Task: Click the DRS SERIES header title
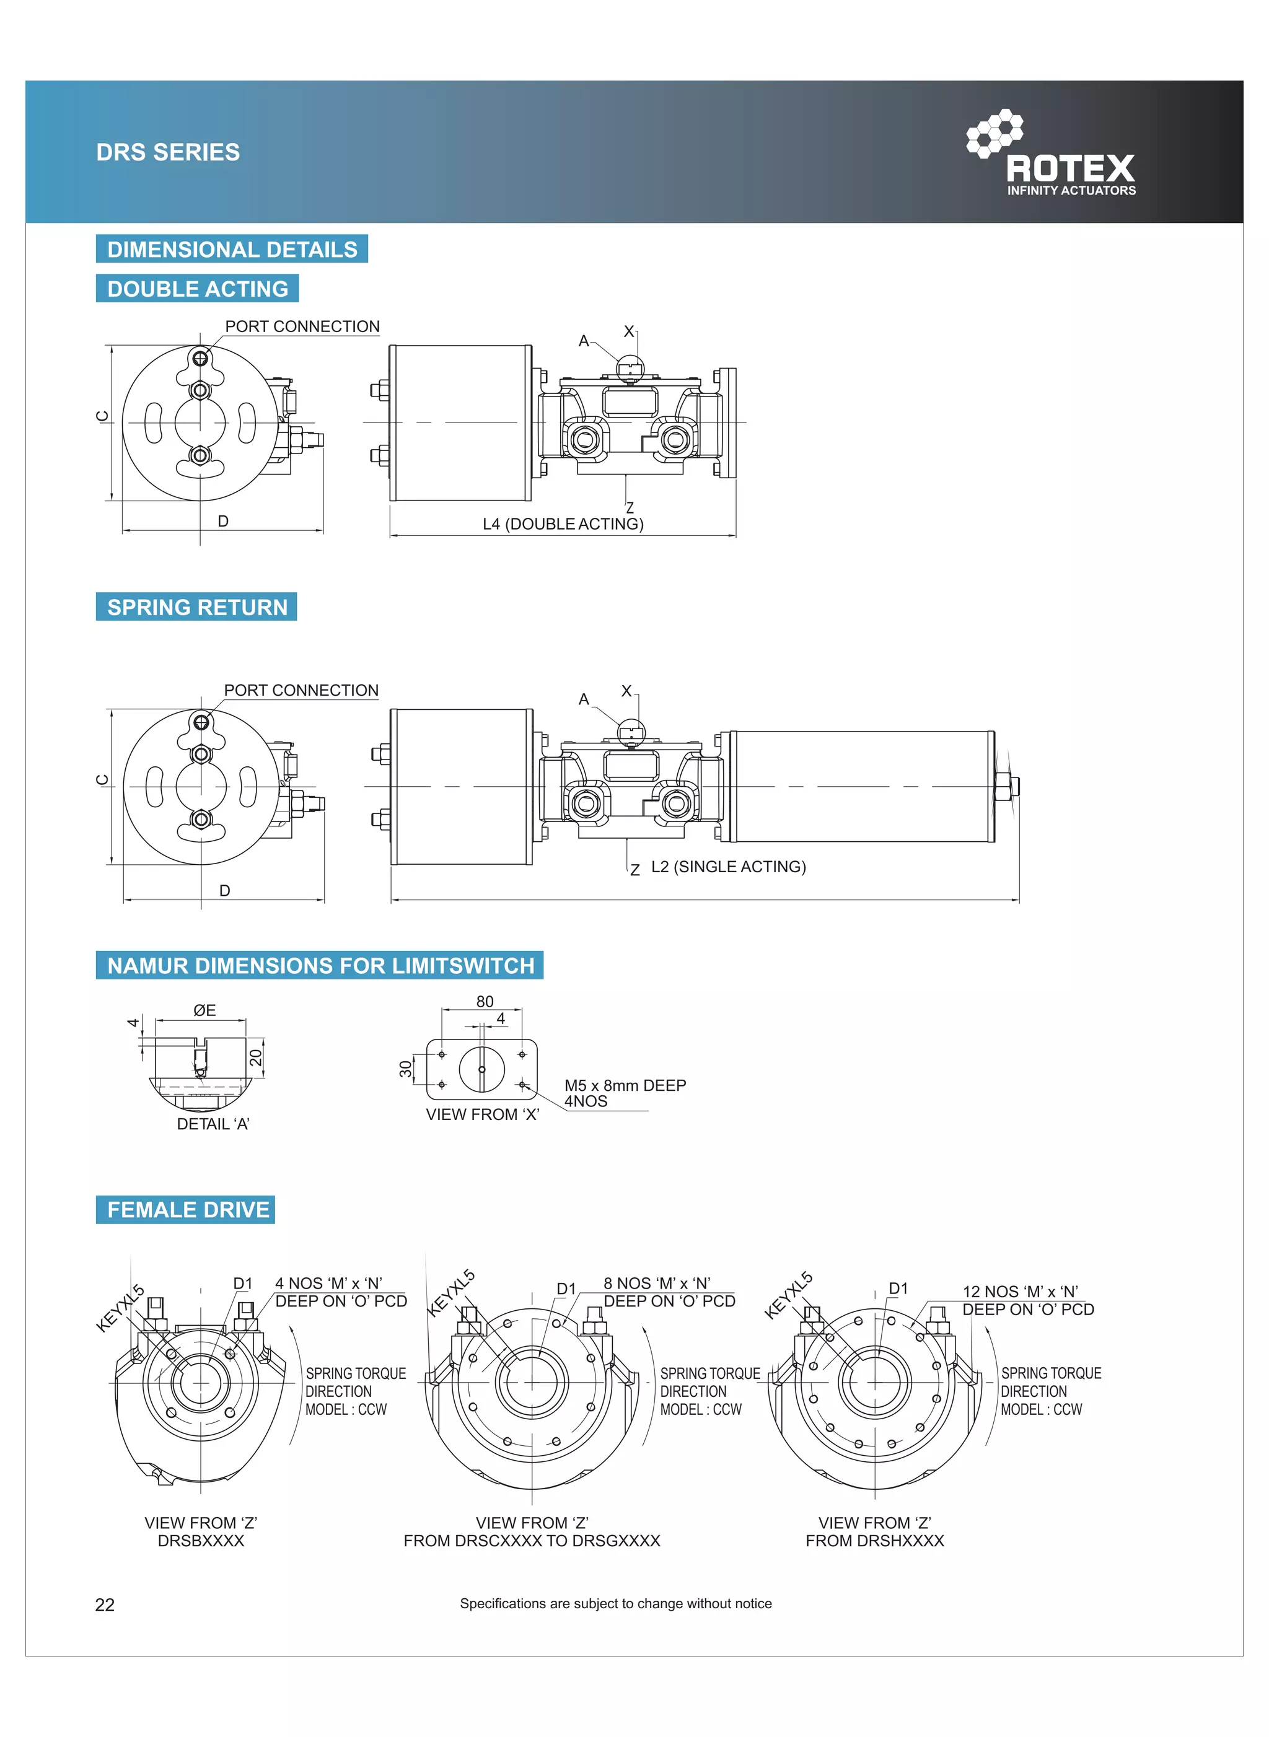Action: click(167, 152)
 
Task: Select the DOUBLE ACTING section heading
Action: click(198, 289)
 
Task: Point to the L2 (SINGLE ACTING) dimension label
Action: click(728, 866)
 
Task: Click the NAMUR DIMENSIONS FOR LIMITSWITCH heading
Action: click(320, 965)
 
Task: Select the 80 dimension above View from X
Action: click(485, 1001)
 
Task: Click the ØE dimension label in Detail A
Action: click(204, 1010)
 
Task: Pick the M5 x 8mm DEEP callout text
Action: click(625, 1085)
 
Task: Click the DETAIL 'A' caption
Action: click(213, 1124)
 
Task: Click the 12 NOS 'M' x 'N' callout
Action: click(1020, 1292)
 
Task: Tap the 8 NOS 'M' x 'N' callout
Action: click(657, 1283)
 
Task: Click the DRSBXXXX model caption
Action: click(201, 1541)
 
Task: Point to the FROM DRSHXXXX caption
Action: click(874, 1541)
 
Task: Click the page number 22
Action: click(105, 1604)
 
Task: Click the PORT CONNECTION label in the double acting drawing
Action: click(302, 326)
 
